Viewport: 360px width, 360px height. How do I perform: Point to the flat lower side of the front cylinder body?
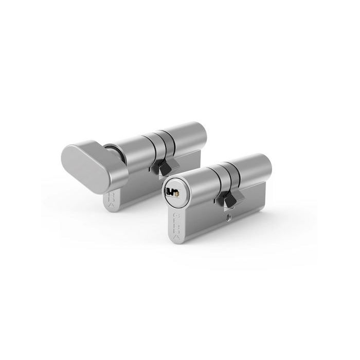click(206, 226)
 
